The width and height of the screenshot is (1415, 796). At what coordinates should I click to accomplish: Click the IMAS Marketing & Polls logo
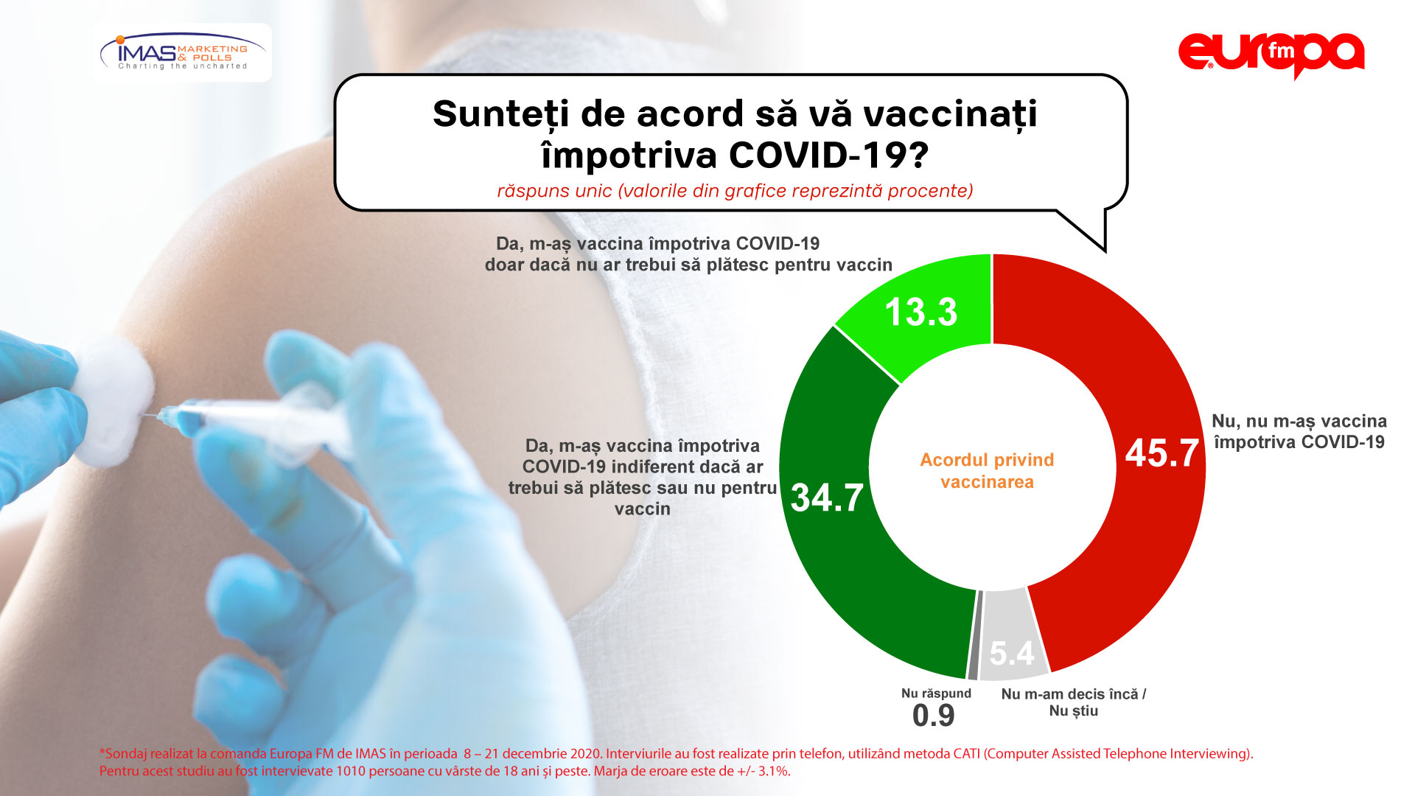click(x=183, y=52)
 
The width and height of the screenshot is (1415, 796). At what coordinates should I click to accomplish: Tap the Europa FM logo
click(x=1271, y=55)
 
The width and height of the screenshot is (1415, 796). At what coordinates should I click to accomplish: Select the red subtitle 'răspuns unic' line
click(x=735, y=191)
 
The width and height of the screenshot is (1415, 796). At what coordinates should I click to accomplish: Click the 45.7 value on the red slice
click(x=1161, y=453)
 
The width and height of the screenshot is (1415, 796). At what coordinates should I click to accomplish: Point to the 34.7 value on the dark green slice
click(x=827, y=497)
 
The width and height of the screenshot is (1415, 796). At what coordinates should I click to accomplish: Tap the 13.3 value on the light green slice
click(x=921, y=312)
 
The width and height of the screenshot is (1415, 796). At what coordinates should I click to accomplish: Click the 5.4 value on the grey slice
click(x=1012, y=653)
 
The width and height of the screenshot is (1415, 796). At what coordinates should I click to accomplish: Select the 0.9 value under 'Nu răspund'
click(x=933, y=715)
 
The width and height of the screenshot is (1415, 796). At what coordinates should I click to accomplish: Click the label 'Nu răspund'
click(x=936, y=694)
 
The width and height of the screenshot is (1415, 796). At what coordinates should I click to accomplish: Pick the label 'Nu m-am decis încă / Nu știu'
click(x=1074, y=702)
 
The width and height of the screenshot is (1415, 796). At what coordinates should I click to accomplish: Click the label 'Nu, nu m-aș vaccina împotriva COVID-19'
click(x=1299, y=431)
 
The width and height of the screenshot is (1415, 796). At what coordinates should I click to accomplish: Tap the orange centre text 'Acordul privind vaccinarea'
click(x=987, y=471)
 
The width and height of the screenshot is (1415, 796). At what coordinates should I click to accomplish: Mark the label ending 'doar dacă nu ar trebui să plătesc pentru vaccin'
click(x=688, y=254)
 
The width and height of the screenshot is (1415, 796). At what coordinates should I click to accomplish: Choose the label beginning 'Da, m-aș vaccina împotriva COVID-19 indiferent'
click(x=643, y=477)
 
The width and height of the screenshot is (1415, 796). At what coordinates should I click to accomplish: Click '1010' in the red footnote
click(x=351, y=772)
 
